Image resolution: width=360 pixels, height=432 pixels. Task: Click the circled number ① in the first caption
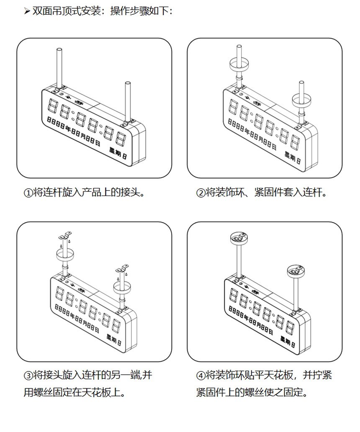tap(28, 193)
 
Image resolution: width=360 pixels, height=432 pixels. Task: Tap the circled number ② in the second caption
tap(201, 193)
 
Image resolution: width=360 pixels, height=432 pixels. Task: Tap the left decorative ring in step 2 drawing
tap(239, 65)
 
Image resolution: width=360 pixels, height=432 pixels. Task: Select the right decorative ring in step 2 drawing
tap(301, 100)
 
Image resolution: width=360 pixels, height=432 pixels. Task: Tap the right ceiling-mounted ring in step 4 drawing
tap(297, 272)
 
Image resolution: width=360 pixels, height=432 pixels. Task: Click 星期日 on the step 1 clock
tap(118, 152)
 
